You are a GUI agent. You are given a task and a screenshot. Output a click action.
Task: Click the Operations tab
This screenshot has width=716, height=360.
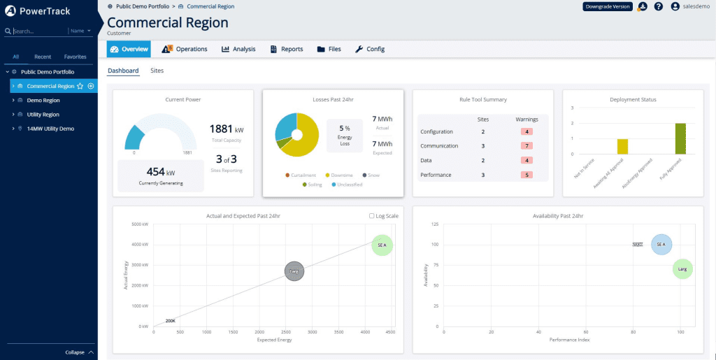point(185,49)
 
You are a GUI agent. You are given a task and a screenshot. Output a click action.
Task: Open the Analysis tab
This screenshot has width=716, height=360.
point(238,49)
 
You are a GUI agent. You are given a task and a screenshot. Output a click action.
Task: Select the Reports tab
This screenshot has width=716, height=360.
point(286,49)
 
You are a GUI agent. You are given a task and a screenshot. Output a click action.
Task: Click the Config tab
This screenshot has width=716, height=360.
point(370,49)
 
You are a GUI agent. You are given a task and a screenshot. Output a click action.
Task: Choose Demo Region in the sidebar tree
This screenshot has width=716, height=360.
point(43,100)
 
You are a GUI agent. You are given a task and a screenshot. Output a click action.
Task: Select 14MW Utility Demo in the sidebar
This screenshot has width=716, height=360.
point(50,129)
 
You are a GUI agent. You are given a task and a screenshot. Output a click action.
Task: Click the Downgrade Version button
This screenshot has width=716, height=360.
point(607,6)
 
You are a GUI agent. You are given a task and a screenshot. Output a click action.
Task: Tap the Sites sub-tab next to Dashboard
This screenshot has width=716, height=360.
point(157,71)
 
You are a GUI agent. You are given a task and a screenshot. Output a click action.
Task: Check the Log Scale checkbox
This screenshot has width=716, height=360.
point(371,216)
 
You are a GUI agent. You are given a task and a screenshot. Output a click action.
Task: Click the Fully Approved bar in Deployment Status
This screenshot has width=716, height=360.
point(680,138)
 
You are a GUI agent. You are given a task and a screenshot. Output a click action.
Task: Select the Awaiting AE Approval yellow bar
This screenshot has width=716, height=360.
point(622,146)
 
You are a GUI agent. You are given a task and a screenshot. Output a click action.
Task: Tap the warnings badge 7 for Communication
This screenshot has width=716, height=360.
point(526,146)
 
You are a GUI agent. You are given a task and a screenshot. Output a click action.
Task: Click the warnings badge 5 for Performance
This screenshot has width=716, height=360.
point(526,175)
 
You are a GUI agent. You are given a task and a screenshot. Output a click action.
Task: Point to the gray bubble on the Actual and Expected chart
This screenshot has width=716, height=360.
point(294,271)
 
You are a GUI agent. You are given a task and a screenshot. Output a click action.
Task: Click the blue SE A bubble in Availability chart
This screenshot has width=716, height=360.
point(661,245)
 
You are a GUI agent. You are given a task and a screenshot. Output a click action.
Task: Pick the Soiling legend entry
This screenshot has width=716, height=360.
point(315,185)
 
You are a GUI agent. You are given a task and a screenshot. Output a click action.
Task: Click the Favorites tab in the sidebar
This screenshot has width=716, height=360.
point(75,57)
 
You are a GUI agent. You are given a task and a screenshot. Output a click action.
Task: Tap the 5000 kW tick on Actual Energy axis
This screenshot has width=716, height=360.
point(140,224)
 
